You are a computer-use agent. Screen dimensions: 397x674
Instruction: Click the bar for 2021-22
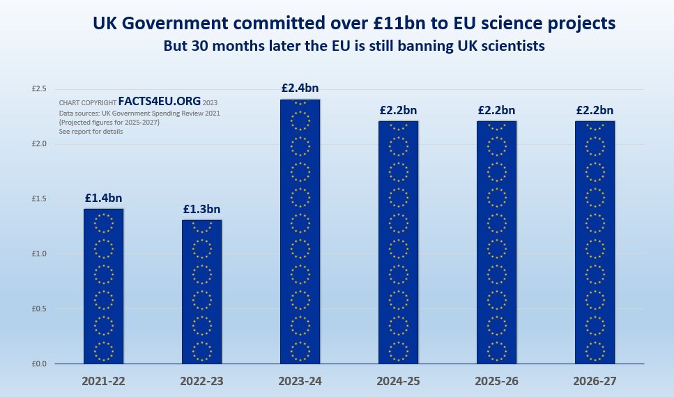point(103,286)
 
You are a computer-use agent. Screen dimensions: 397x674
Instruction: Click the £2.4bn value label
point(300,88)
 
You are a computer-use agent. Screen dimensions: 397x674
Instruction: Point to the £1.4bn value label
point(103,198)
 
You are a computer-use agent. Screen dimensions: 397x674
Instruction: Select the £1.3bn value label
point(201,209)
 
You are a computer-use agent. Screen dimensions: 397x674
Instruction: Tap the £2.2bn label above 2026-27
point(595,110)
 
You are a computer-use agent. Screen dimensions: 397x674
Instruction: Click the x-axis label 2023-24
point(300,382)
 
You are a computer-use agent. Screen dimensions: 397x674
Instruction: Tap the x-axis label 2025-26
point(496,382)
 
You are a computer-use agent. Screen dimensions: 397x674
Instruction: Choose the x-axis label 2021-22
point(103,382)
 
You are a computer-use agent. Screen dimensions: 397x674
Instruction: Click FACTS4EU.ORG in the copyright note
point(159,100)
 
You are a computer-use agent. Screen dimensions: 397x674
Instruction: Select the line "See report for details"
point(91,131)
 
